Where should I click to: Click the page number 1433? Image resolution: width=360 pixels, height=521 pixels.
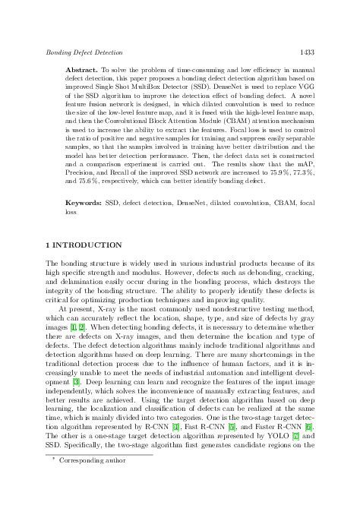coord(307,52)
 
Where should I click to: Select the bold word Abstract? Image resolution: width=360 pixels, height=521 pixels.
coord(81,69)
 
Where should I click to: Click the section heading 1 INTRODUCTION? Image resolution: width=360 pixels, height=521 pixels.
coord(84,245)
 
